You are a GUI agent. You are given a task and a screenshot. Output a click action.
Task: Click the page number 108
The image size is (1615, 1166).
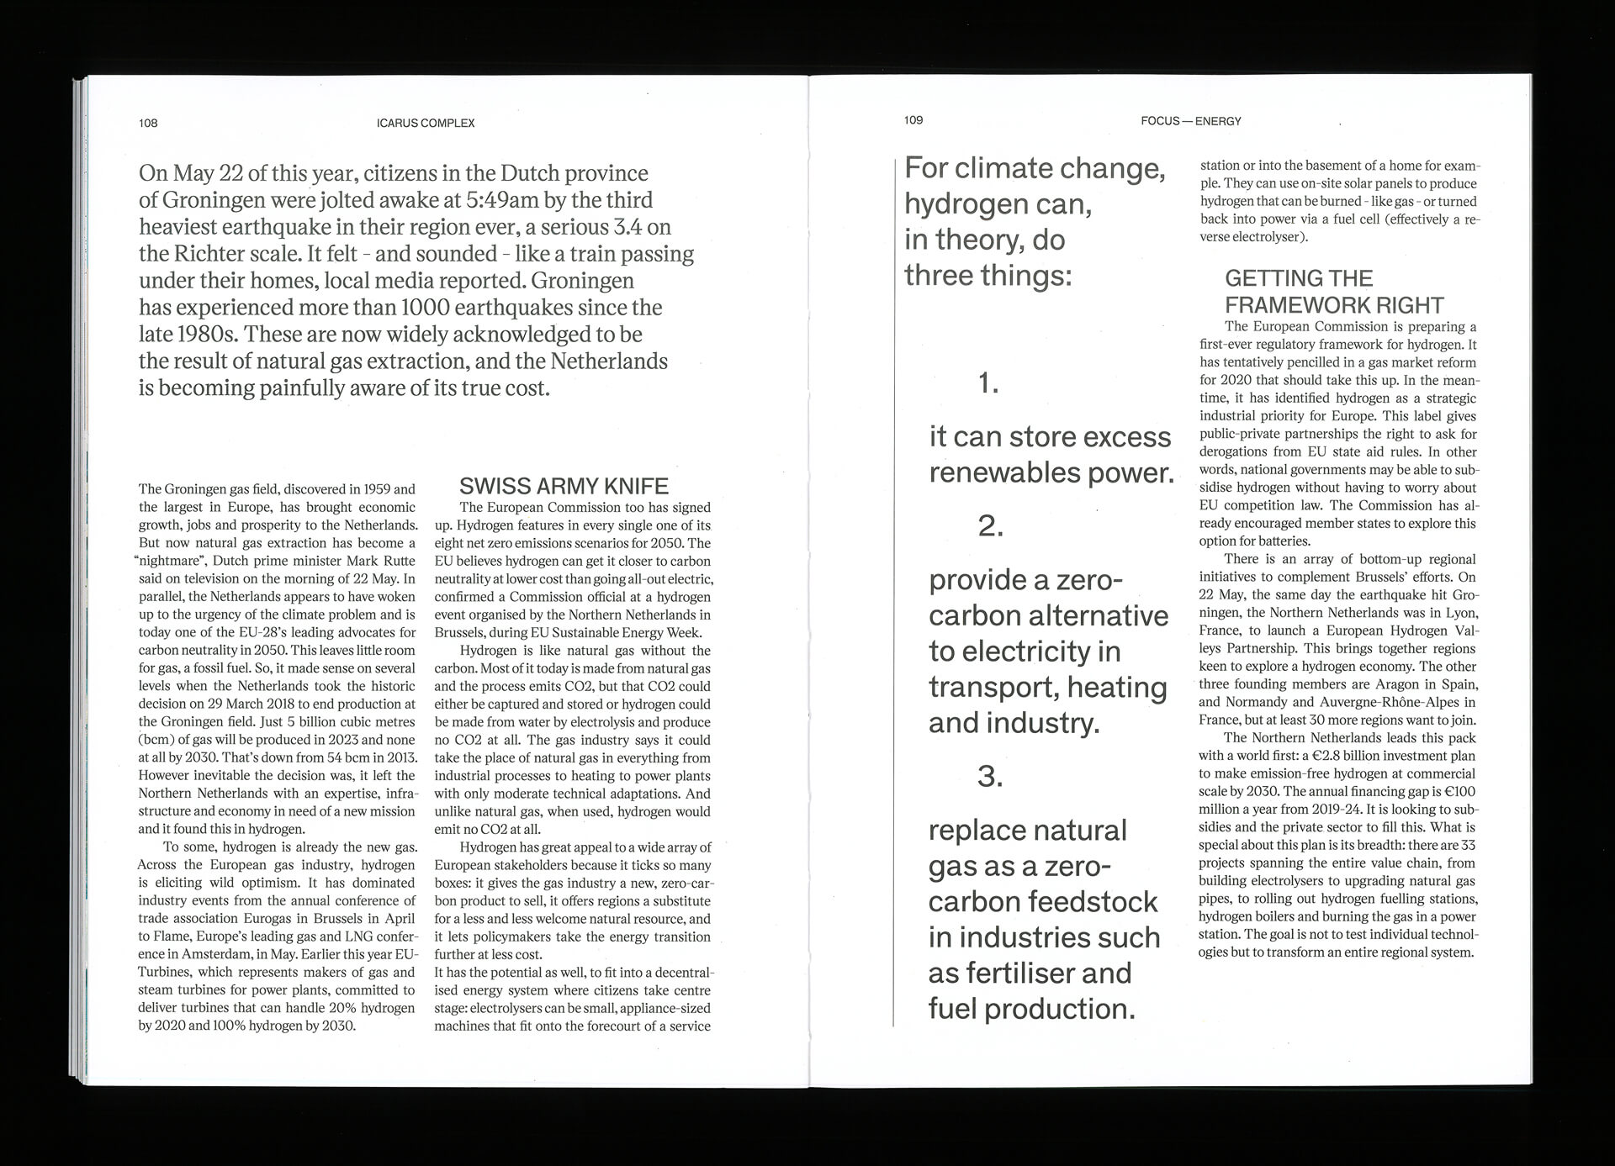click(148, 123)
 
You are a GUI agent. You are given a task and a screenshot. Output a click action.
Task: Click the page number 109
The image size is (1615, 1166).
click(913, 120)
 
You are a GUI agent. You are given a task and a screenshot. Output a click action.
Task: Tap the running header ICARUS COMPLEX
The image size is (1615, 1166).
click(426, 123)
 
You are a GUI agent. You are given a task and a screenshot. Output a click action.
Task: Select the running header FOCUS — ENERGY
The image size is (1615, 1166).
click(1190, 121)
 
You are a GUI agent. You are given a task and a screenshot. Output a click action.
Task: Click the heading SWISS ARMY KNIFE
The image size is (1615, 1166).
click(564, 486)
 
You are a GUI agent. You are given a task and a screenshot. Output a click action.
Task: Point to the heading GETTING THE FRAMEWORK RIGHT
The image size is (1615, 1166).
click(1333, 292)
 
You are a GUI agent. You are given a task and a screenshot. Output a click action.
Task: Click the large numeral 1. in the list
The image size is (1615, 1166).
click(988, 383)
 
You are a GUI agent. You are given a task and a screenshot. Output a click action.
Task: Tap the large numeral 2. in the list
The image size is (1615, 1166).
click(991, 526)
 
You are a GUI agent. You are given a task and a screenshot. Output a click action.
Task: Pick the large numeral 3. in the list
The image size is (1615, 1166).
click(990, 776)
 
